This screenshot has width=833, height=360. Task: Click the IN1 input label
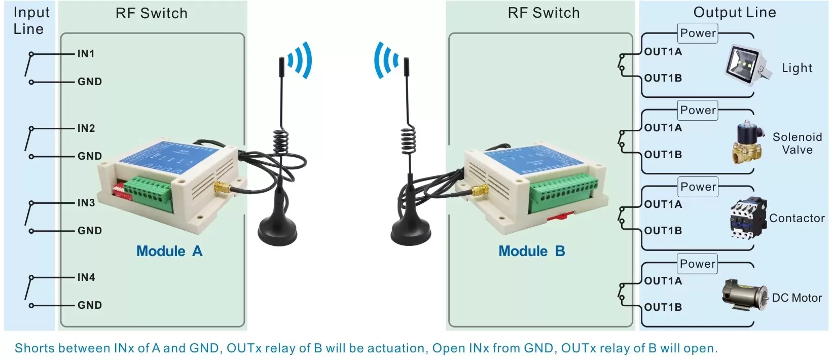(86, 54)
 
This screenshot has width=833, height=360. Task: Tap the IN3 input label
(86, 203)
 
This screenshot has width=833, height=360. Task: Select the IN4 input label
(86, 277)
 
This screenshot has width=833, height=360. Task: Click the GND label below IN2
(89, 156)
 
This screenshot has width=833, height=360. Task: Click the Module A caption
(169, 251)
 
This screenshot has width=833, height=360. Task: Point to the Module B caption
(531, 251)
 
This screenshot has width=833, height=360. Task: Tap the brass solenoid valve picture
(747, 142)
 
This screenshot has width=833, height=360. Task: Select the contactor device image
(747, 219)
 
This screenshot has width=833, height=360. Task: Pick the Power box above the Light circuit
(698, 33)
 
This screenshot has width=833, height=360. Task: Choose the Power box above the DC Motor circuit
(698, 264)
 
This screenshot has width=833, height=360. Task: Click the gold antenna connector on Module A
(222, 188)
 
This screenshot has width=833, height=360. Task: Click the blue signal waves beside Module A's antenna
(300, 60)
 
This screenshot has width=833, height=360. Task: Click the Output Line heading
(734, 13)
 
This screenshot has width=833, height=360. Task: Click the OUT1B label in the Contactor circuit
(663, 231)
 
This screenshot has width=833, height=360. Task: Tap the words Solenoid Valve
(797, 143)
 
